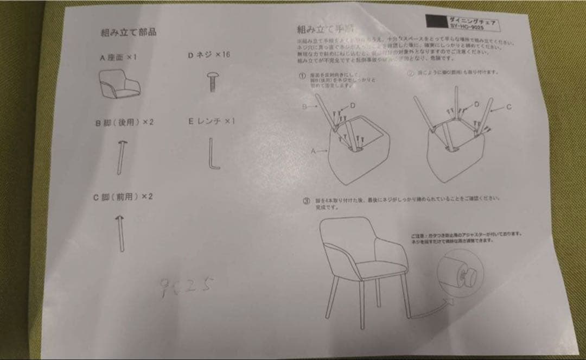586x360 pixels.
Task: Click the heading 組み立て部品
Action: point(129,32)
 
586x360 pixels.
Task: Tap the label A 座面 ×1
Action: point(118,57)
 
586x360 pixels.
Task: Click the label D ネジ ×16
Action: point(209,55)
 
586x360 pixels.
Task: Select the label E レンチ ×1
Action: point(211,121)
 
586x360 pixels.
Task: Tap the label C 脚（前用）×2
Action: point(123,196)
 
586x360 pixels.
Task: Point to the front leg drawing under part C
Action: point(120,232)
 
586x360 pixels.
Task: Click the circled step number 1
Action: point(302,77)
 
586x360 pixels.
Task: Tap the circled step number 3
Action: point(307,201)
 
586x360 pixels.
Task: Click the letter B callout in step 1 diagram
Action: point(305,107)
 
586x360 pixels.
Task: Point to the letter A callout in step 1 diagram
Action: point(314,153)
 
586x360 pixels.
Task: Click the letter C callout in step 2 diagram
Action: point(508,107)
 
